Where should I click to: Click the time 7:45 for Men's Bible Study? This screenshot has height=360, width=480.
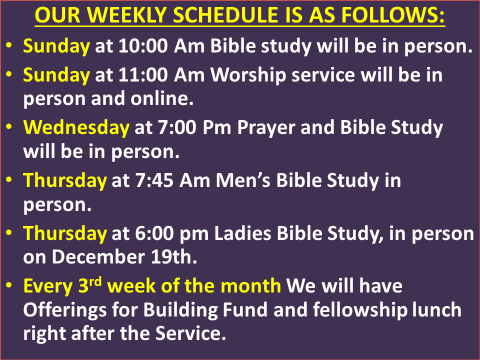pos(147,181)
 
